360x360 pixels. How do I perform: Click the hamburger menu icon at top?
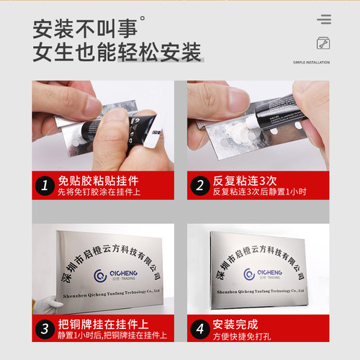(324, 19)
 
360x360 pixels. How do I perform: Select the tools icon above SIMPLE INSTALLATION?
(323, 43)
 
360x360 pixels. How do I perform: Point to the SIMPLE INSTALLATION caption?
(311, 63)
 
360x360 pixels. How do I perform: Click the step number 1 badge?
(45, 186)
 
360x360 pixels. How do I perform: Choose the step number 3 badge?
(45, 330)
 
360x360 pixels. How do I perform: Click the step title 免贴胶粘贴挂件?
(97, 181)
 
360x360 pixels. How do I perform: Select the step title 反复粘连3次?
(244, 181)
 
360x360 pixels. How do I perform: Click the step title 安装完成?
(237, 324)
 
